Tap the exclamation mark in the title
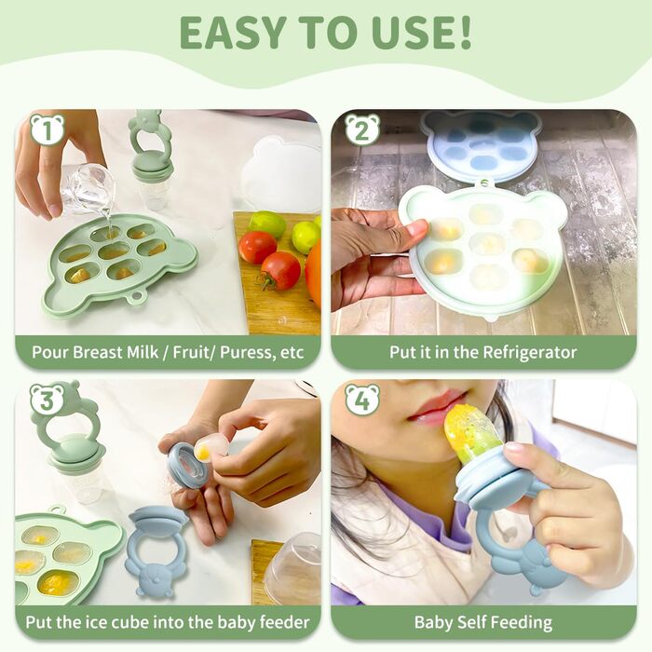tap(464, 33)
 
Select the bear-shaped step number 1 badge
tap(47, 129)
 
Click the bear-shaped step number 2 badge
tap(362, 129)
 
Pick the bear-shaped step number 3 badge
tap(47, 400)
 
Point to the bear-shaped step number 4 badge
tap(362, 400)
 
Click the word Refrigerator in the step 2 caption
tap(530, 353)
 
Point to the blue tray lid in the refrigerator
tap(481, 143)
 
